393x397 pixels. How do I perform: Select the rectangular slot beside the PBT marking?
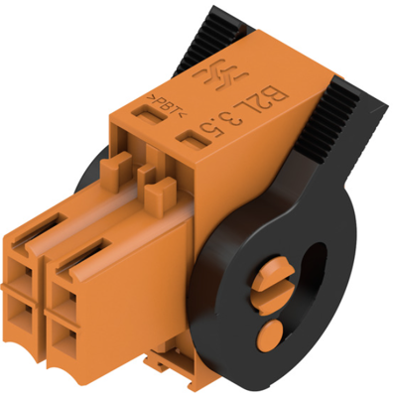tap(149, 114)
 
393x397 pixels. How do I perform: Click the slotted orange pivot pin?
tap(273, 285)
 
